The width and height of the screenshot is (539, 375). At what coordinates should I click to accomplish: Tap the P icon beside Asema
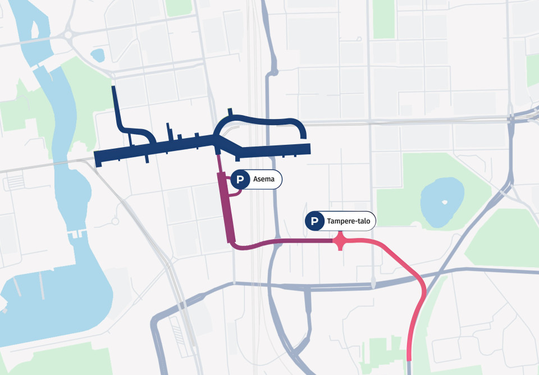pyautogui.click(x=240, y=180)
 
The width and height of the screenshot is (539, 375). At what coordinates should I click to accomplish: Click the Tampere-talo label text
pyautogui.click(x=349, y=221)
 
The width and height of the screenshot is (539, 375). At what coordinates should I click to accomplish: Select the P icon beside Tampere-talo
pyautogui.click(x=314, y=221)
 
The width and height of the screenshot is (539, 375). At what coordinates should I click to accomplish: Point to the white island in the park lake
pyautogui.click(x=445, y=202)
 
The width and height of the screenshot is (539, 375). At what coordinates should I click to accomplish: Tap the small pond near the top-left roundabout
pyautogui.click(x=98, y=54)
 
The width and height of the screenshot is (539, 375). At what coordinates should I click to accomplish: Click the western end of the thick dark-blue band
pyautogui.click(x=98, y=158)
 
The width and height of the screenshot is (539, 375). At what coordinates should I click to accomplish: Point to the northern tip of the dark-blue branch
pyautogui.click(x=114, y=89)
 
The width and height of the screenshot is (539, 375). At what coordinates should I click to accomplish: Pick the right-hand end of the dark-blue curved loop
pyautogui.click(x=303, y=135)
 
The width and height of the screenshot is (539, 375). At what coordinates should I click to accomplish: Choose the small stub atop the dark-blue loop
pyautogui.click(x=230, y=112)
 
